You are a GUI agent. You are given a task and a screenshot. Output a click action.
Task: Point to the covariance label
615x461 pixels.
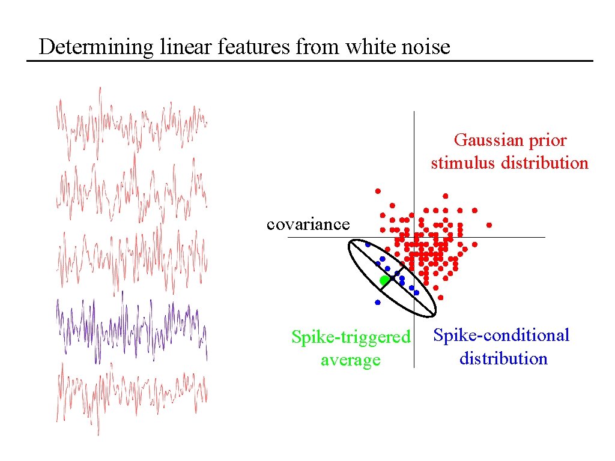pos(307,224)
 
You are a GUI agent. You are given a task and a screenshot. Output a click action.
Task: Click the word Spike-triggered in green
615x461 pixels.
pos(351,337)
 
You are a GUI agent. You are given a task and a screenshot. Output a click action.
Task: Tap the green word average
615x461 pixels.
pos(350,360)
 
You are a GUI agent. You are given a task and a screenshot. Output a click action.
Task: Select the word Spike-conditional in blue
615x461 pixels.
pos(501,335)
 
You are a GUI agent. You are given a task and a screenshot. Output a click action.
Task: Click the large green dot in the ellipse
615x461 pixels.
pos(384,280)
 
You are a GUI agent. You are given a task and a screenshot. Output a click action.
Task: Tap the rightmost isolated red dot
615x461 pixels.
pos(489,225)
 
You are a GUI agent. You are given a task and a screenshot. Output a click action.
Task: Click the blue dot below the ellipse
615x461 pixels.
pos(377,302)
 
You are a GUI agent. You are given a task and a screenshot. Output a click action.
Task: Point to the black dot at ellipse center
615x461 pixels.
pos(392,279)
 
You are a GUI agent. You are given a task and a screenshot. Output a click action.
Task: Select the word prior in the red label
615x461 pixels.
pos(547,140)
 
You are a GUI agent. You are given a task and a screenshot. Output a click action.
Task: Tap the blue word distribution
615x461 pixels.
pos(503,359)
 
